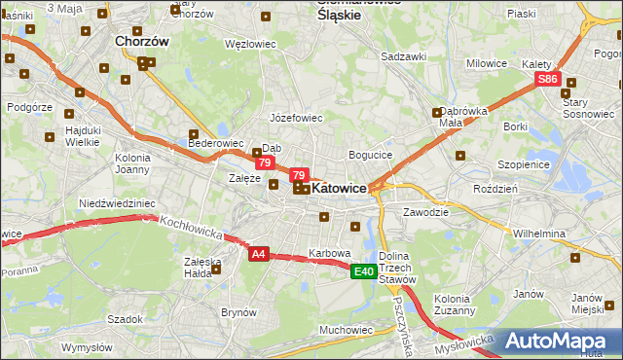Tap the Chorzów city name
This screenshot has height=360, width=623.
(x=142, y=42)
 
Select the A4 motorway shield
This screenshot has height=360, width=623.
(x=258, y=254)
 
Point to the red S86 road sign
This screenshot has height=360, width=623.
(x=548, y=80)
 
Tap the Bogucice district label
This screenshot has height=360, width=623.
(x=370, y=155)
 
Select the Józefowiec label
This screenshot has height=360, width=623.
(x=296, y=118)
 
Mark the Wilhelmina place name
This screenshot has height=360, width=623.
(x=539, y=234)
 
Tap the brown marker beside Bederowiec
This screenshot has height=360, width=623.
(x=194, y=134)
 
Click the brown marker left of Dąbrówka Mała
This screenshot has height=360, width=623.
(x=437, y=113)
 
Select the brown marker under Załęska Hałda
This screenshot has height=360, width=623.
(x=216, y=270)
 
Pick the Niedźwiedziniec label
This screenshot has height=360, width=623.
(x=117, y=203)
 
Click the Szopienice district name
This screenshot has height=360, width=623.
(x=524, y=164)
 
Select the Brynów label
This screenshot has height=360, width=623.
(x=238, y=312)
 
